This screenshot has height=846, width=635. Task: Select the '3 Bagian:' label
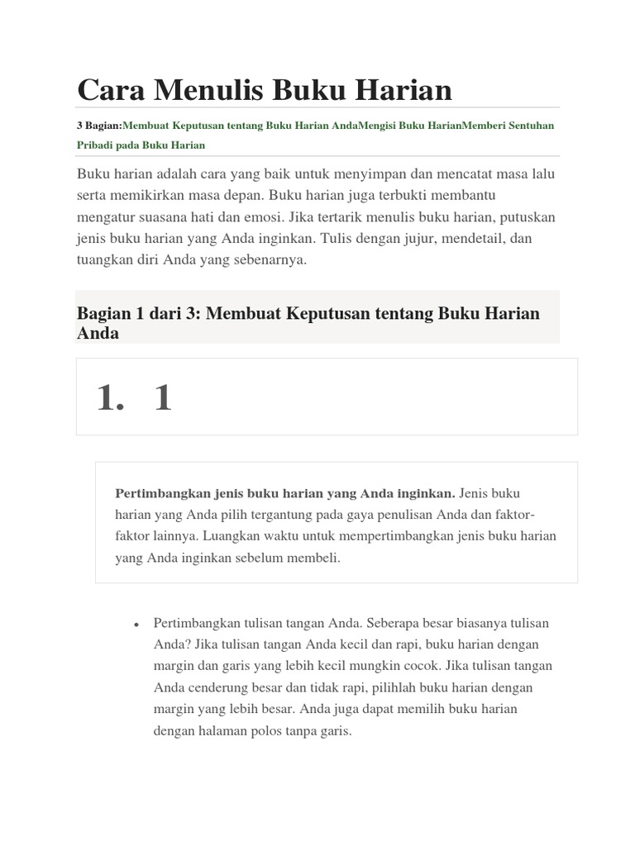click(99, 126)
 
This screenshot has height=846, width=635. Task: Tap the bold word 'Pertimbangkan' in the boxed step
click(160, 493)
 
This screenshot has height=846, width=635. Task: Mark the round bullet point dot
click(135, 624)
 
